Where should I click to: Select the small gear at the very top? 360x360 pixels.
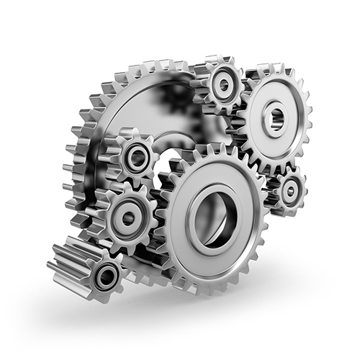(222, 84)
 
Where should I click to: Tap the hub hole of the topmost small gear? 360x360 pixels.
(222, 84)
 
